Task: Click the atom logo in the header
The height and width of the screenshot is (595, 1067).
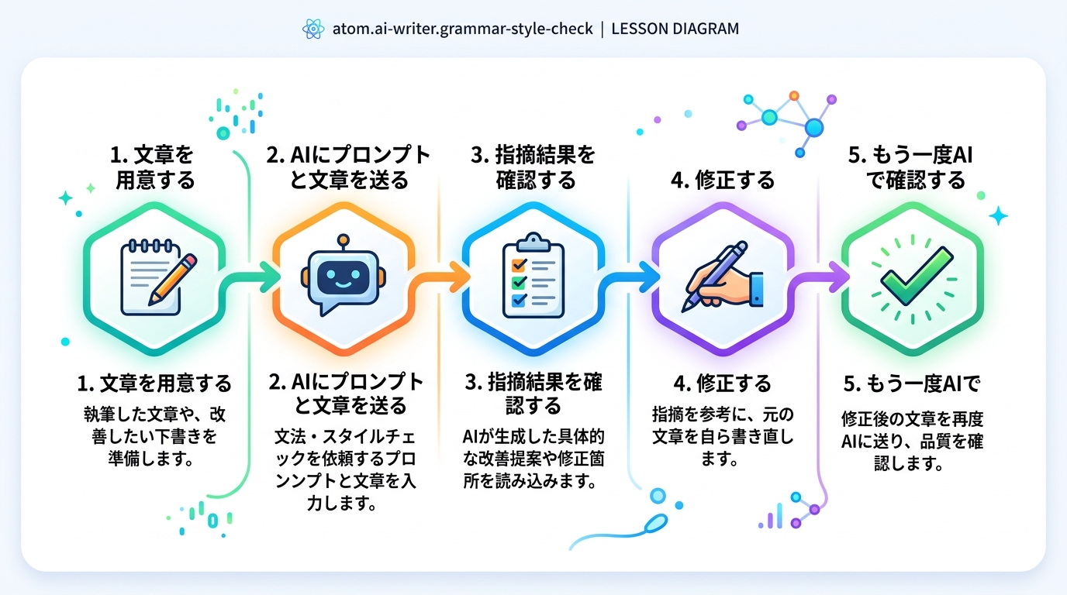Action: (313, 29)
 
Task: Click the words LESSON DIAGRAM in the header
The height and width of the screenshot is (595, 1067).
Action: (675, 29)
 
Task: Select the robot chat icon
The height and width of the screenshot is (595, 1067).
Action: (343, 275)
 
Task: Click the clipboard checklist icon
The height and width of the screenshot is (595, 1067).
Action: (533, 275)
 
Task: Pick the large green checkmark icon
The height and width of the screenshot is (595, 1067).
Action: (916, 276)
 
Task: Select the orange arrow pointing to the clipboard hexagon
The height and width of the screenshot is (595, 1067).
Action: (439, 277)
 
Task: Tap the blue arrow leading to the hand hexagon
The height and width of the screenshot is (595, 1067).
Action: (629, 277)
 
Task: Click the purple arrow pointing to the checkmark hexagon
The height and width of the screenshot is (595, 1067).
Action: (818, 277)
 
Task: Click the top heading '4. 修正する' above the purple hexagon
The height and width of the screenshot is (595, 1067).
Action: (723, 181)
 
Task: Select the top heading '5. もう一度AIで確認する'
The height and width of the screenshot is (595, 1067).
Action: (911, 168)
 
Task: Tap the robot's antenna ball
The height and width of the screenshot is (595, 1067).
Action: (343, 239)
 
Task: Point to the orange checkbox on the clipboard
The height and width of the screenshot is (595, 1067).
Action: (518, 264)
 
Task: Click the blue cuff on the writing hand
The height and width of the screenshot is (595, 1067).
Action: (757, 289)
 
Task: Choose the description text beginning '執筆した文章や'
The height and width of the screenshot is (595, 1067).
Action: (154, 436)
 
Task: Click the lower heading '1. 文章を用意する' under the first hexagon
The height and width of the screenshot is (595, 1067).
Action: (154, 383)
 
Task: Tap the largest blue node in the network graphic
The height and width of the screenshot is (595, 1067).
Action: (814, 128)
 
